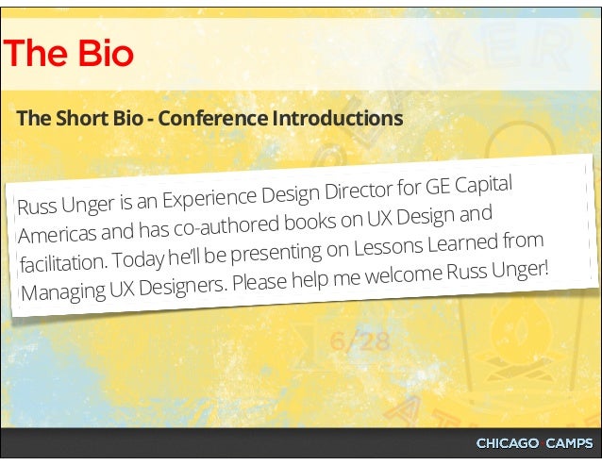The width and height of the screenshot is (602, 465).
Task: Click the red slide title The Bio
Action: [x=67, y=54]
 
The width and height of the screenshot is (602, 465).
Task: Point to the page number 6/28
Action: [x=360, y=340]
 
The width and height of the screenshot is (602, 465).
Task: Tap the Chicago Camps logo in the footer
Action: [x=533, y=443]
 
